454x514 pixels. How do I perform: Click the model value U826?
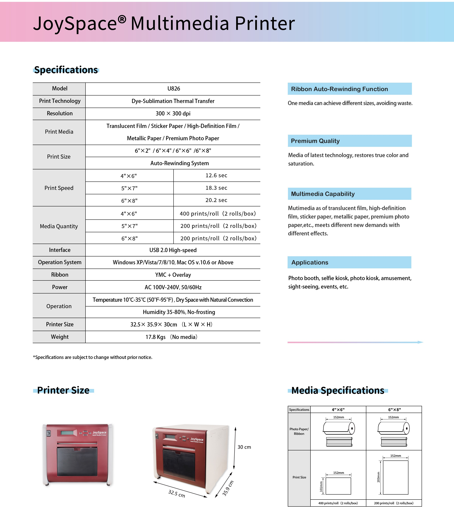(174, 89)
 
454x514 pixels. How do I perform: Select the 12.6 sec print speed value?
(216, 176)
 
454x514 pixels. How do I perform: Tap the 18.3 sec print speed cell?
(216, 188)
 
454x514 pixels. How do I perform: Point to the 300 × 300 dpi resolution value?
(173, 113)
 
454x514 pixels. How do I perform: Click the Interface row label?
(59, 250)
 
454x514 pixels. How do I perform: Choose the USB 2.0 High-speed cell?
(173, 250)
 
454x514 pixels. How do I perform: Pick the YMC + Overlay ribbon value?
(173, 275)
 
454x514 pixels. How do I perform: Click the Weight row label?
(59, 337)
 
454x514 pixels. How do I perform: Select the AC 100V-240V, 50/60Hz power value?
(173, 287)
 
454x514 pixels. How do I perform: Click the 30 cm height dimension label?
(244, 447)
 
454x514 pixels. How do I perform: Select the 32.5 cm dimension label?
(176, 494)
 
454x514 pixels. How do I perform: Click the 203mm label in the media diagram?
(378, 477)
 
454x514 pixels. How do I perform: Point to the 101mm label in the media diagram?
(321, 486)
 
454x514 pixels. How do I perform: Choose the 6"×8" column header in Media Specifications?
(395, 410)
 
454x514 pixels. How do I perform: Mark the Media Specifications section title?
(338, 390)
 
